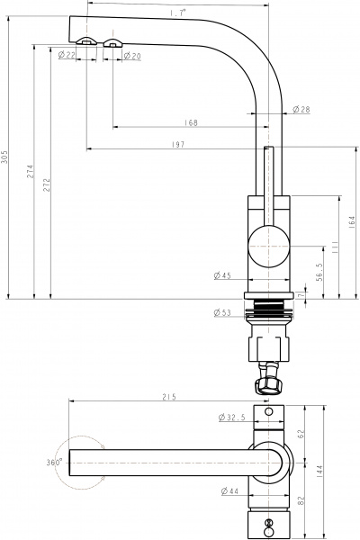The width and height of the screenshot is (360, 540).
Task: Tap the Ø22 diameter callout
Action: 66,56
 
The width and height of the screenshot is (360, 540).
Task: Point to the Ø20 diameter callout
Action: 131,56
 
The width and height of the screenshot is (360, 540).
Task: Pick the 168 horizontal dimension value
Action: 191,123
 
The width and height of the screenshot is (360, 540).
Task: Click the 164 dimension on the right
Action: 352,222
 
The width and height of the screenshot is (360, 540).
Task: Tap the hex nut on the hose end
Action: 269,386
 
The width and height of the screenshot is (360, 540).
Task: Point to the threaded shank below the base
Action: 268,310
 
